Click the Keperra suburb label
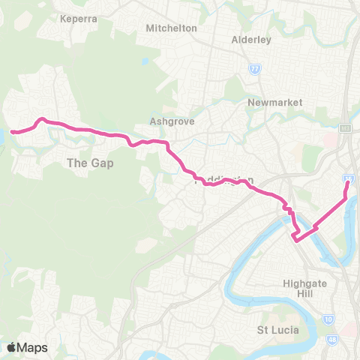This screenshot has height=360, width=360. point(79,18)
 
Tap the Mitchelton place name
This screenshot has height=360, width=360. point(172,28)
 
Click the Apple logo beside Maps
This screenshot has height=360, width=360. point(11,347)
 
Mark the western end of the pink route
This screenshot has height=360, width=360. point(12,132)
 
